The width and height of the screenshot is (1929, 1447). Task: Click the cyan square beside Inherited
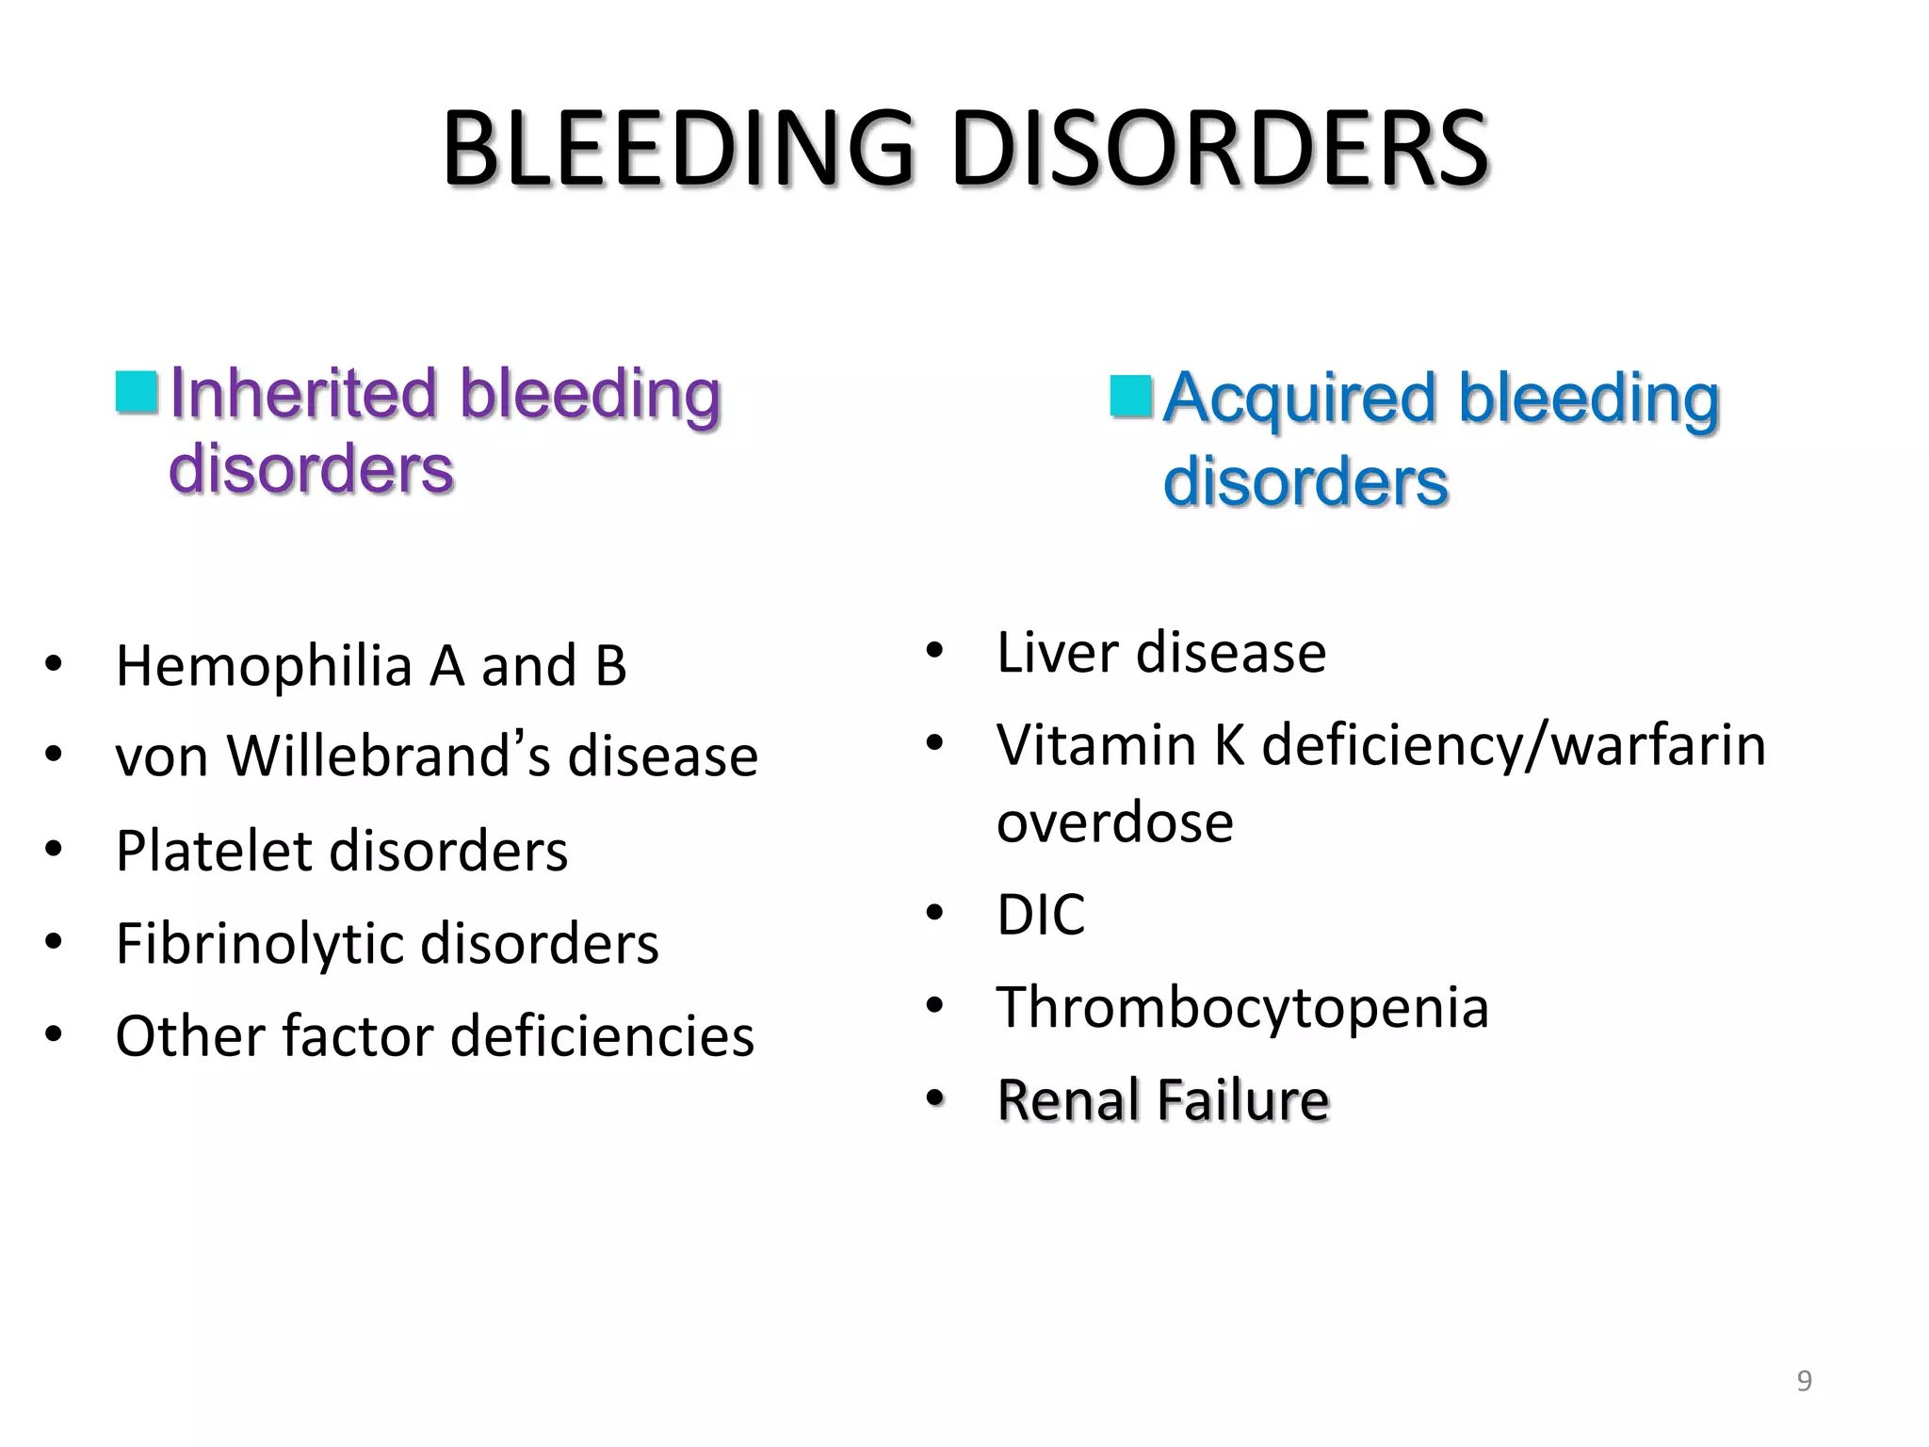pyautogui.click(x=137, y=392)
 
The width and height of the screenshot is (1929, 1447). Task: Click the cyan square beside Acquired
pyautogui.click(x=1131, y=397)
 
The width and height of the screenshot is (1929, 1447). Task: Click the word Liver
pyautogui.click(x=1058, y=652)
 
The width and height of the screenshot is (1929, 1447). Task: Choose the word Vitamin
pyautogui.click(x=1095, y=745)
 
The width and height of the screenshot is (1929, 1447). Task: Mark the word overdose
pyautogui.click(x=1115, y=821)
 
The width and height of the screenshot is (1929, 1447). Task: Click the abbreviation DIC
pyautogui.click(x=1041, y=914)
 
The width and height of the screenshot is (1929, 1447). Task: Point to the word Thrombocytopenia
pyautogui.click(x=1242, y=1007)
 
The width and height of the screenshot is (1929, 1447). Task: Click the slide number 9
pyautogui.click(x=1804, y=1381)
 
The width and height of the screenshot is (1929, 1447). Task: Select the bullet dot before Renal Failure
pyautogui.click(x=933, y=1099)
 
